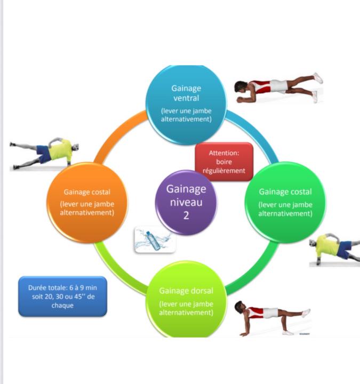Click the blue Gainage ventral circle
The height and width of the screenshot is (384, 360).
[x=186, y=105]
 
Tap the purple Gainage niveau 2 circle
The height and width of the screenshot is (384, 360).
[x=186, y=202]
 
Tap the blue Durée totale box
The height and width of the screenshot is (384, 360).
[x=62, y=296]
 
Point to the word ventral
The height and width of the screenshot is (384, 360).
[x=186, y=98]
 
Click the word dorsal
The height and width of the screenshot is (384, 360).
[x=201, y=291]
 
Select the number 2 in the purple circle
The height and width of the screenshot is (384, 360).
[x=186, y=215]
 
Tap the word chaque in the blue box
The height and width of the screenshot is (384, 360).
[x=62, y=305]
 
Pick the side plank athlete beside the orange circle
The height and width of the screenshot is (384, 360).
[x=45, y=153]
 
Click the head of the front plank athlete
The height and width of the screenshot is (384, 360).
[x=241, y=87]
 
